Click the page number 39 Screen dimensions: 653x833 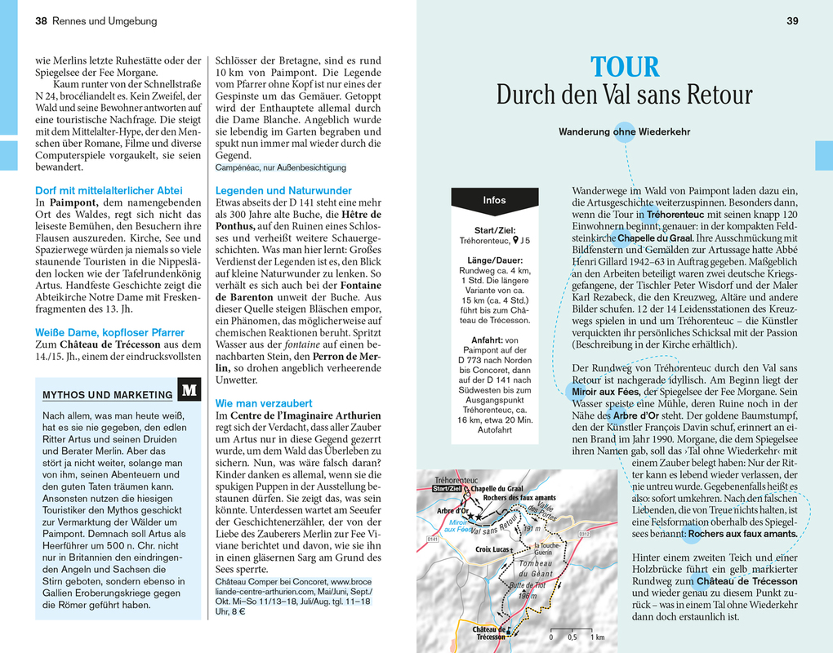(792, 21)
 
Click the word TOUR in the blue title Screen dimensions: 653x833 (625, 67)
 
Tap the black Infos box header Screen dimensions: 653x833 (494, 200)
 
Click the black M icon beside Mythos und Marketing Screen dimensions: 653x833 (189, 390)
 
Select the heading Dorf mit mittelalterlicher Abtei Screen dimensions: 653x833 (109, 190)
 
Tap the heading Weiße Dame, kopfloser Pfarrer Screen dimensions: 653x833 (109, 332)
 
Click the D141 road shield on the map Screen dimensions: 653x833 (433, 540)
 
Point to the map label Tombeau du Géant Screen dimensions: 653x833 (536, 568)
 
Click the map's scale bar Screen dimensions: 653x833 (577, 629)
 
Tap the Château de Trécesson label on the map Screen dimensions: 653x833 (490, 633)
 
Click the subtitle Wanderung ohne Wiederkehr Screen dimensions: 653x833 (624, 131)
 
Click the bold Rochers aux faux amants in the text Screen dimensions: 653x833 (742, 535)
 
